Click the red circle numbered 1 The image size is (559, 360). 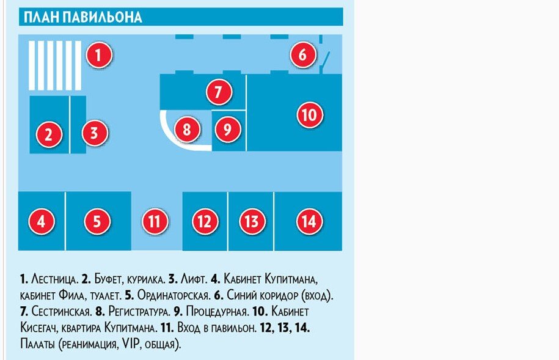click(99, 55)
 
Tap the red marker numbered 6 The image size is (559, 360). click(302, 54)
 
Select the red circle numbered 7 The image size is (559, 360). click(219, 92)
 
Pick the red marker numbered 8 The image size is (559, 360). click(187, 129)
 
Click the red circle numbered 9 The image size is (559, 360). click(227, 129)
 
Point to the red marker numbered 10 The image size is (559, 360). click(310, 114)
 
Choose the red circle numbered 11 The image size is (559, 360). click(155, 221)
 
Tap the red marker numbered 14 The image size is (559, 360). click(309, 221)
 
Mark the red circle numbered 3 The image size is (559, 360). click(94, 133)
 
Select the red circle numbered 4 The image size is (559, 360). click(42, 221)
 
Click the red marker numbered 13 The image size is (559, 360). click(252, 221)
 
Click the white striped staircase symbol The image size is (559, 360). click(55, 65)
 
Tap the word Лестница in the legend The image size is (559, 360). click(54, 279)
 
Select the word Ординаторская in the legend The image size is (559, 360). click(173, 295)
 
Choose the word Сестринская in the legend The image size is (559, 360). click(61, 312)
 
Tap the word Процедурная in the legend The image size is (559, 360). click(217, 312)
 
